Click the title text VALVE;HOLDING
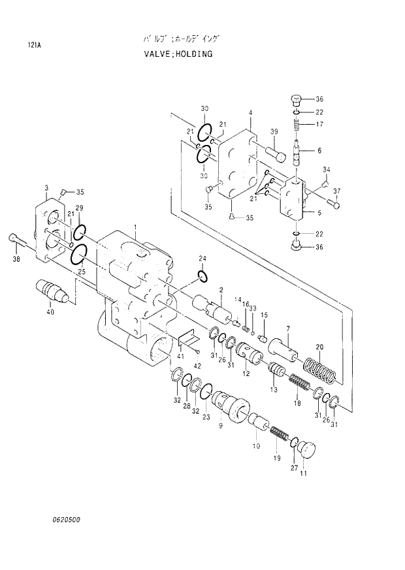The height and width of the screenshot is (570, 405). tap(178, 54)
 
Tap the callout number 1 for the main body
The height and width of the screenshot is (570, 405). tap(135, 227)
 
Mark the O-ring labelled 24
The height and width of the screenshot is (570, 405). tap(202, 277)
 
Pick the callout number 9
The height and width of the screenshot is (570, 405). tap(220, 425)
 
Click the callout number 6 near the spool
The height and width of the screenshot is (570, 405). tap(319, 151)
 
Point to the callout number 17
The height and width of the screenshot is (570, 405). tap(319, 124)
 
